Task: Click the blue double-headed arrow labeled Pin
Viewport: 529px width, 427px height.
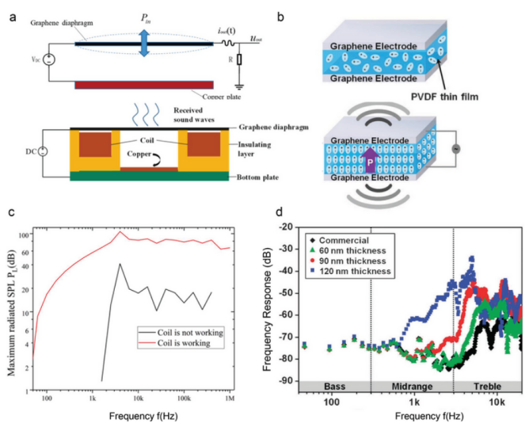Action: [x=143, y=41]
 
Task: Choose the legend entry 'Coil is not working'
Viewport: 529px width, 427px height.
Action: [x=190, y=331]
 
